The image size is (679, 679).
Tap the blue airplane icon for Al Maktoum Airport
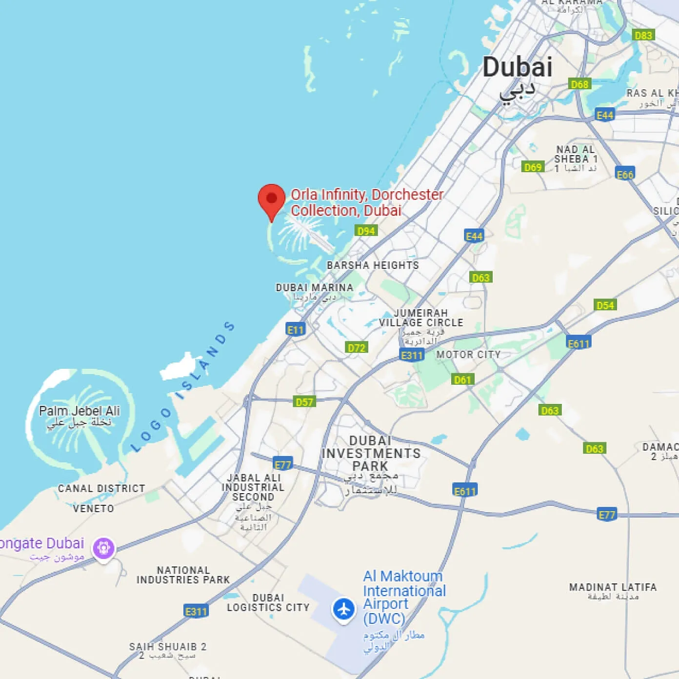[x=344, y=609]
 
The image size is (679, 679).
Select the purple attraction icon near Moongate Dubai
[x=104, y=547]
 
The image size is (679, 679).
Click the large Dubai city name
[x=517, y=67]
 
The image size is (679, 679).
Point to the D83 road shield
[x=643, y=35]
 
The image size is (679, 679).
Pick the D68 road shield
[x=579, y=84]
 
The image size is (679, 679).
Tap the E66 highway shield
[x=625, y=175]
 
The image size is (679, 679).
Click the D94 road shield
[x=366, y=231]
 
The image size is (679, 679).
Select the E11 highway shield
[x=296, y=330]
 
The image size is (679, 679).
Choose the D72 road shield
[x=357, y=348]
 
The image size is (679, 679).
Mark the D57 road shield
[x=304, y=402]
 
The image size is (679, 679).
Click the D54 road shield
[x=605, y=305]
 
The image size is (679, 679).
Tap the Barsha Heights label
[x=373, y=265]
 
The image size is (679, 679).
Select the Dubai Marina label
[x=315, y=288]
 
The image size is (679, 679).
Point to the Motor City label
[x=468, y=355]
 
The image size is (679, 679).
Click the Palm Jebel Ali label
[x=80, y=411]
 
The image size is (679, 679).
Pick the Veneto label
[x=93, y=509]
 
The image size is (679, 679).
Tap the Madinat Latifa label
[x=613, y=587]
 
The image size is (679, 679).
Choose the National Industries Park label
[x=183, y=575]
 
